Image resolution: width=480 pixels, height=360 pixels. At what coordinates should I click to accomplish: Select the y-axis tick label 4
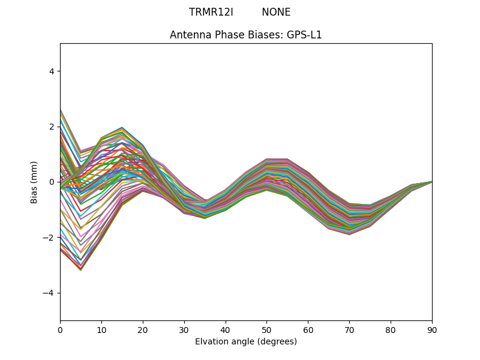[x=52, y=71]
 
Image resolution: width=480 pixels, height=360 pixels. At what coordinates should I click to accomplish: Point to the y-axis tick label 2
[x=52, y=127]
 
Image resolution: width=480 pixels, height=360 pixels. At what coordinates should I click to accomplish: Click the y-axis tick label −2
[x=49, y=238]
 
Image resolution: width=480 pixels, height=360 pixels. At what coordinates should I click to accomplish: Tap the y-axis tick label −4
[x=49, y=293]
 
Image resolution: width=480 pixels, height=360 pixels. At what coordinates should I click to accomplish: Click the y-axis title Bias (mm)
[x=34, y=182]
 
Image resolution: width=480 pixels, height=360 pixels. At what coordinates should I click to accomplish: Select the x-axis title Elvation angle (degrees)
[x=246, y=342]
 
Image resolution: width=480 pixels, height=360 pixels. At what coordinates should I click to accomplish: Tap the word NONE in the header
[x=276, y=13]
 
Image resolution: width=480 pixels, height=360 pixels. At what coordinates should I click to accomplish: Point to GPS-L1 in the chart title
[x=304, y=35]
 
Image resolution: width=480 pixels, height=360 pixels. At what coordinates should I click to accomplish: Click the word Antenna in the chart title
[x=188, y=35]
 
